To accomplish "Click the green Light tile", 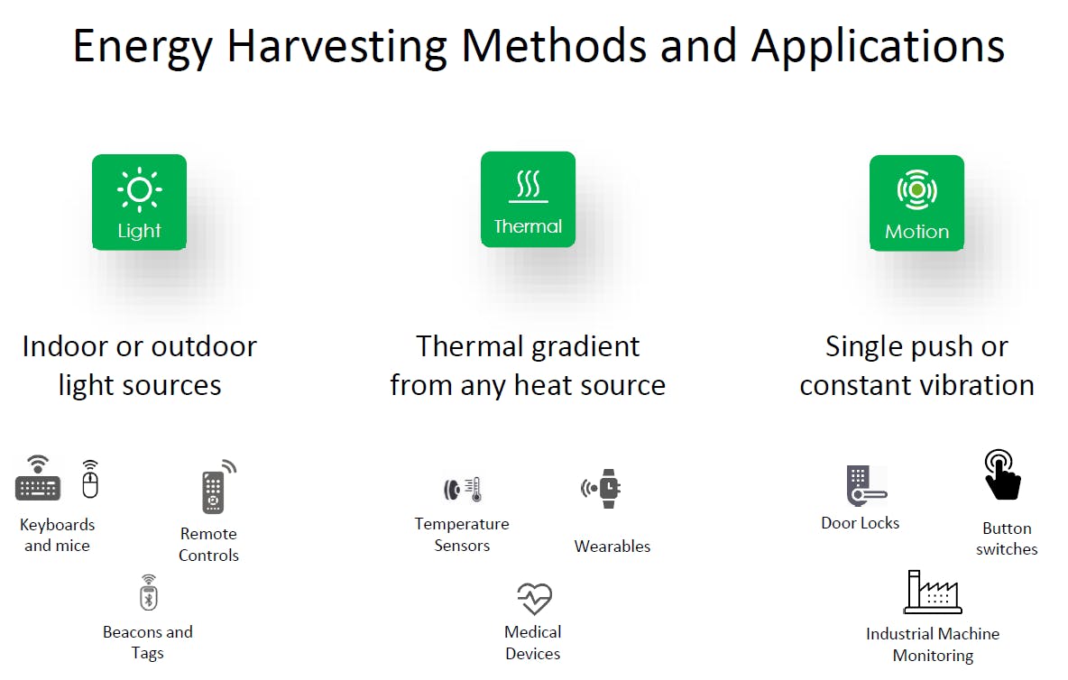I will tap(139, 202).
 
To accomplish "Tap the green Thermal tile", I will tap(528, 199).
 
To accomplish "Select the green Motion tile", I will tap(916, 203).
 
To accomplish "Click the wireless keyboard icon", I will tap(38, 481).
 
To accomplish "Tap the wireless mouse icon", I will tap(89, 481).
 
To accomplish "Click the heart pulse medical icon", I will tap(534, 598).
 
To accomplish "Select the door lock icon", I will tap(864, 486).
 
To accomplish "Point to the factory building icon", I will tap(932, 593).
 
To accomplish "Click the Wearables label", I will tap(612, 547).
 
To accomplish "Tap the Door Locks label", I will tap(860, 523).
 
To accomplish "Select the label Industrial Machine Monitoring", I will tap(933, 645).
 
